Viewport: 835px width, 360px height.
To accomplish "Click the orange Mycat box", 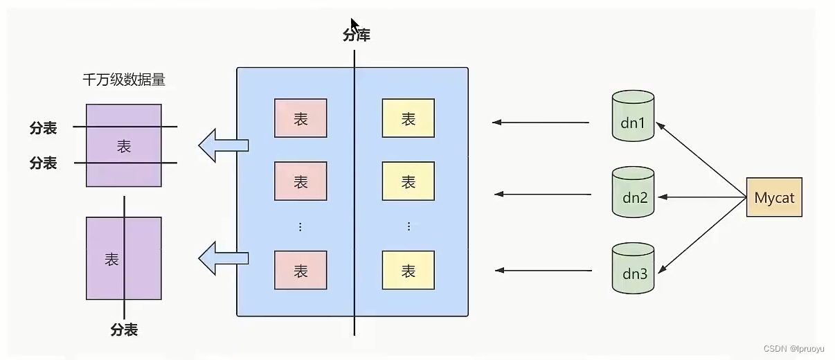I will (x=774, y=197).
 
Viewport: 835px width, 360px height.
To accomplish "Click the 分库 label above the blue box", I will (x=357, y=35).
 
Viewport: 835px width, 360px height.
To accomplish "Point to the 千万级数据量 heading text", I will (x=124, y=80).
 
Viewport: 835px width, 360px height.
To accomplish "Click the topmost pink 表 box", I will (x=300, y=118).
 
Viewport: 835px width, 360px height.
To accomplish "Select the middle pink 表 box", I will (x=300, y=181).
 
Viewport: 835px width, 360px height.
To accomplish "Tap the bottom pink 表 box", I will (x=300, y=270).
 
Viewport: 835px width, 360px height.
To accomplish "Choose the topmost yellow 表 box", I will (x=408, y=118).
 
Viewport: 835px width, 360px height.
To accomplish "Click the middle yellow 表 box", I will (x=408, y=181).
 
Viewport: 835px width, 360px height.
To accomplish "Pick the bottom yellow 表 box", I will (x=408, y=270).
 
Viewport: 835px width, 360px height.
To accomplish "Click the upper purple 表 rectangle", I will (x=124, y=145).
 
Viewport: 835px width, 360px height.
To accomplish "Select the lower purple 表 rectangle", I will (x=124, y=258).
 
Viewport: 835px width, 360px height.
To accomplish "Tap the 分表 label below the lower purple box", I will (x=124, y=330).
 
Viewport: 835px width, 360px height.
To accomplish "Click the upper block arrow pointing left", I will (x=223, y=145).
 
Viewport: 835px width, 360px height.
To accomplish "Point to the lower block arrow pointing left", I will (x=223, y=258).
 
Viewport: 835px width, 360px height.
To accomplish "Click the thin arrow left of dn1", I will (x=541, y=123).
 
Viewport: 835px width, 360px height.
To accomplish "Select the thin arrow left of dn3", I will (x=544, y=270).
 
